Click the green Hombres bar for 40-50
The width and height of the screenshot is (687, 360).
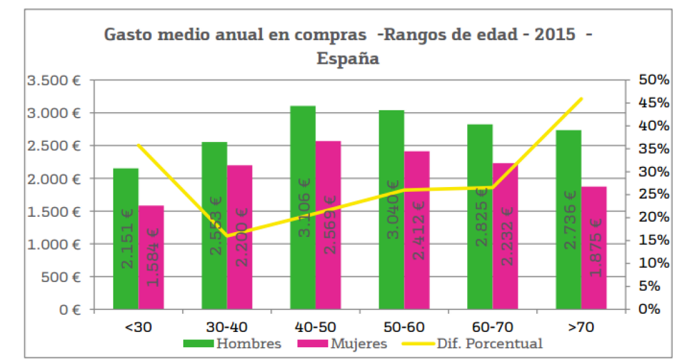click(x=303, y=207)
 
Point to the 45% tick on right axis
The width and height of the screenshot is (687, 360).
click(x=654, y=103)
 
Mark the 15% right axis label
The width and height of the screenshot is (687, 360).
click(x=654, y=240)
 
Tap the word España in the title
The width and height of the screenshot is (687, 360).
click(x=348, y=58)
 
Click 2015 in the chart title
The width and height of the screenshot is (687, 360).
click(x=554, y=34)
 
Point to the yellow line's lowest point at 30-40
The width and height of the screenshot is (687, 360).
click(x=227, y=236)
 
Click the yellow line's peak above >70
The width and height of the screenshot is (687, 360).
click(x=582, y=98)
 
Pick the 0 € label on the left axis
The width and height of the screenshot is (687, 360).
click(x=70, y=309)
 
